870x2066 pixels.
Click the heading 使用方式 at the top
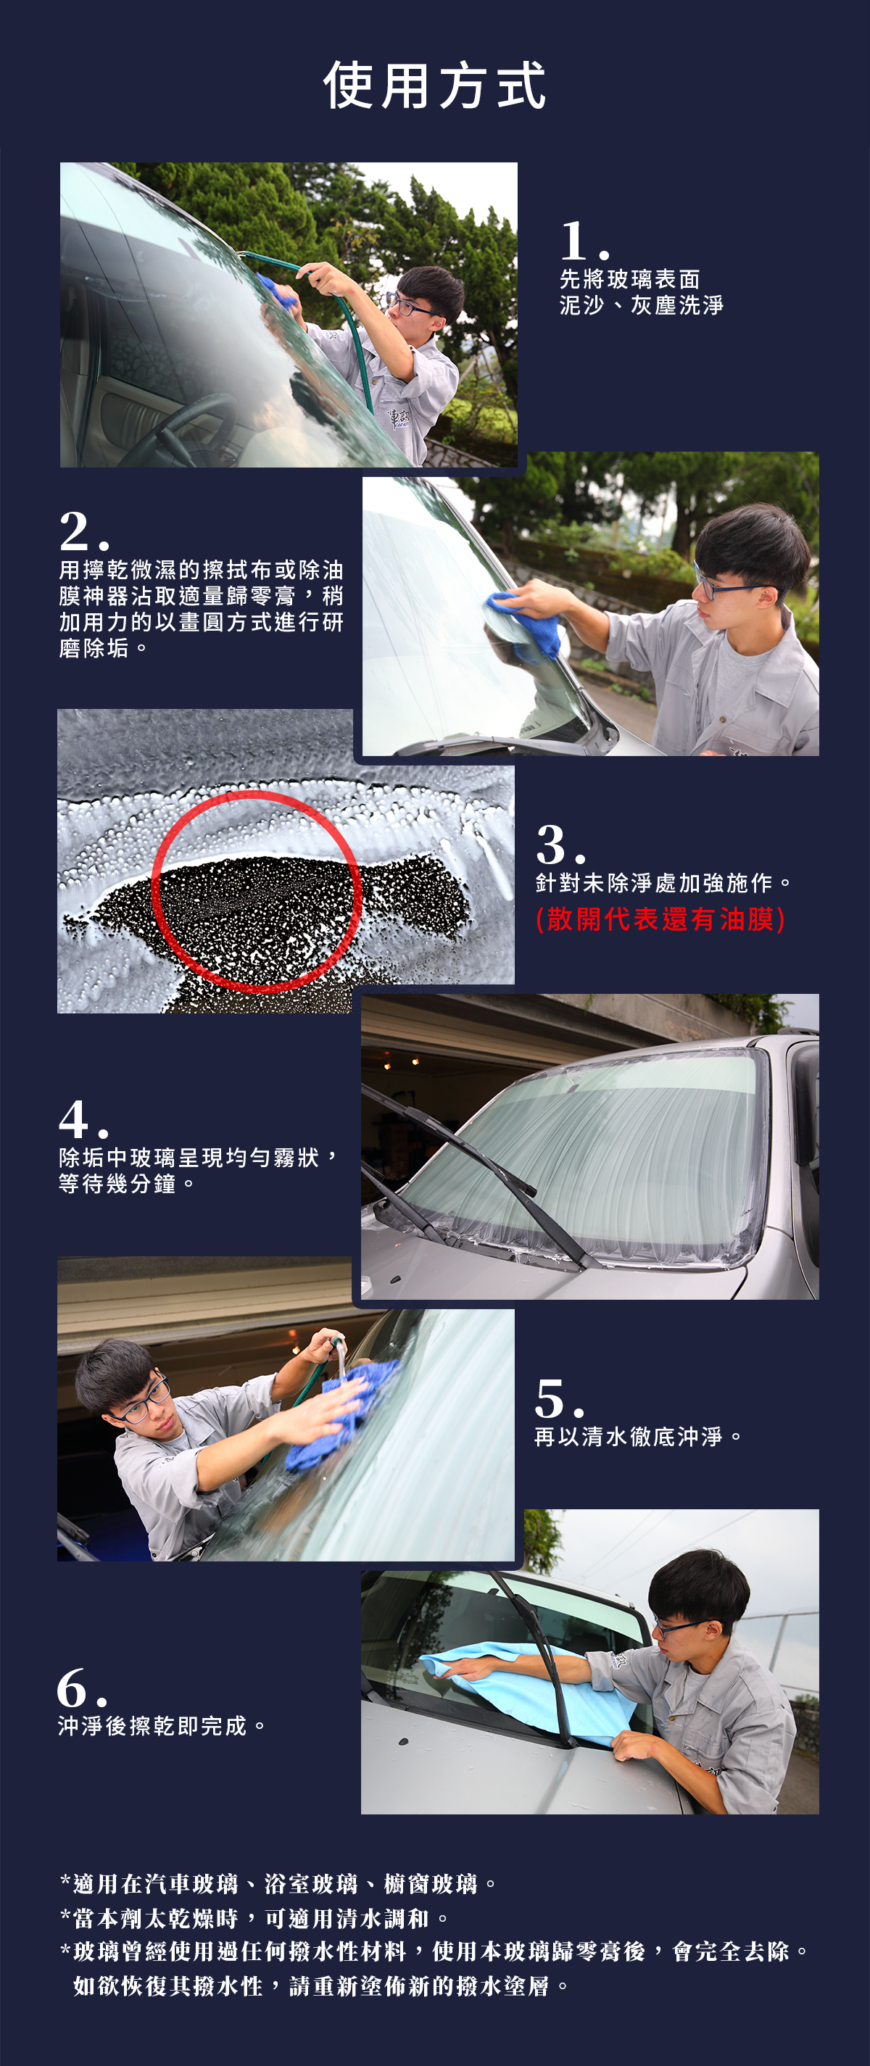434,85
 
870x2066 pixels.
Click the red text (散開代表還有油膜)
660,918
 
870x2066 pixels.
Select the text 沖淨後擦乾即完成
152,1725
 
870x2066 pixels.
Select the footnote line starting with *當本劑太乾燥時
254,1917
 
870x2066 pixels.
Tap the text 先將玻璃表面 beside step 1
630,279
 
